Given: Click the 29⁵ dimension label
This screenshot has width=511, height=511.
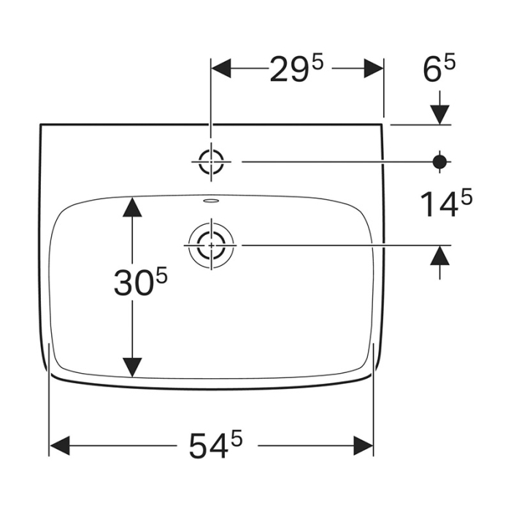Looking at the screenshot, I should click(296, 69).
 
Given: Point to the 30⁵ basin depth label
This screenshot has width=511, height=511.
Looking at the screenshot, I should click(142, 282).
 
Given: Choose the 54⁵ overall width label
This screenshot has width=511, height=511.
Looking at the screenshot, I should click(215, 445).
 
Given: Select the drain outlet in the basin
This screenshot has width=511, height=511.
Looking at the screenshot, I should click(211, 245).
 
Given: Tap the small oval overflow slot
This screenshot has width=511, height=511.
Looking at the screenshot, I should click(211, 199).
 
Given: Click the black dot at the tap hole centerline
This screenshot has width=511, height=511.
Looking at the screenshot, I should click(439, 161).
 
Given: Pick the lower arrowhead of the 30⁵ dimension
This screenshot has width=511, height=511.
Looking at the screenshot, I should click(131, 366).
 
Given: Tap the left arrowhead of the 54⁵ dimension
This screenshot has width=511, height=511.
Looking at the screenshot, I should click(60, 445).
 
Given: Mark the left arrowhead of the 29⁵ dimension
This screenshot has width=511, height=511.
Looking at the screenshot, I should click(222, 69).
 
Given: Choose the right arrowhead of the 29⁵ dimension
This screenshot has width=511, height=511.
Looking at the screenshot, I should click(373, 69).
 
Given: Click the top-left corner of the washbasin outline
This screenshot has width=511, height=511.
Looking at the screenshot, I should click(40, 125).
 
